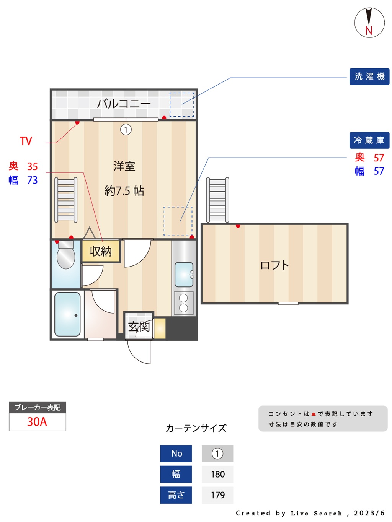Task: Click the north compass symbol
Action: point(369,23)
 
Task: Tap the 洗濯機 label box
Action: point(369,76)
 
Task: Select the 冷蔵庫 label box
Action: point(369,140)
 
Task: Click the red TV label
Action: point(26,141)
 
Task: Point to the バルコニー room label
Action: point(124,104)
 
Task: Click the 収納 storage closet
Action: point(101,251)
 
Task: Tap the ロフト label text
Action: point(274,265)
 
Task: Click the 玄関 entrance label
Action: point(139,327)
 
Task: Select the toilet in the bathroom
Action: point(66,255)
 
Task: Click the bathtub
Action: point(67,314)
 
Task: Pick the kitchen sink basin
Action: point(184,275)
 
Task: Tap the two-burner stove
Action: point(183,303)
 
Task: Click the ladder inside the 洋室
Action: point(66,200)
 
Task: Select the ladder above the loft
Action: point(217,200)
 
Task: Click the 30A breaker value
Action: point(37,422)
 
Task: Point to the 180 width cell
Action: point(217,474)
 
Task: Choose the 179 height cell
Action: point(217,495)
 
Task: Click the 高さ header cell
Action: point(176,495)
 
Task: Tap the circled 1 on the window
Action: point(126,130)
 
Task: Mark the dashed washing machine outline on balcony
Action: point(181,105)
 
